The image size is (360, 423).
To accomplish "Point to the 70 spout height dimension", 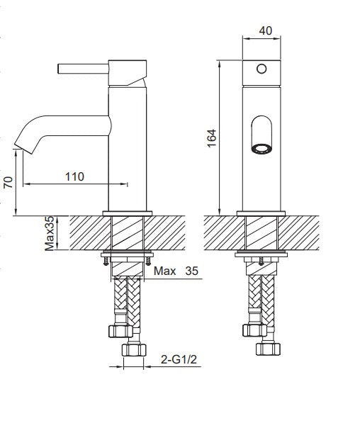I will [8, 182].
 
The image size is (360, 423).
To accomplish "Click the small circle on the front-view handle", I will [261, 69].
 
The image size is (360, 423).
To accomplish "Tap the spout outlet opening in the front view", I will [261, 148].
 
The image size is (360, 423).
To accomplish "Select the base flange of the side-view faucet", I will [128, 212].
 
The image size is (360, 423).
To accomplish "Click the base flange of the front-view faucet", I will [261, 212].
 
